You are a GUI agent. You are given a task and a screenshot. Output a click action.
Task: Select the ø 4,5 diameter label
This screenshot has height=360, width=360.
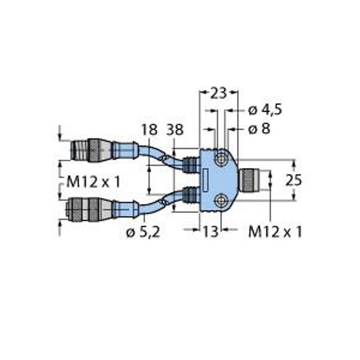[x=265, y=110]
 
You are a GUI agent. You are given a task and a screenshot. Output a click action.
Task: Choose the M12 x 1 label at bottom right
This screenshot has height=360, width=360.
[x=275, y=232]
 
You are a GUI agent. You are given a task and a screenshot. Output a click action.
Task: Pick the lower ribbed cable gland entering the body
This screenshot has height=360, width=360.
[x=190, y=194]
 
